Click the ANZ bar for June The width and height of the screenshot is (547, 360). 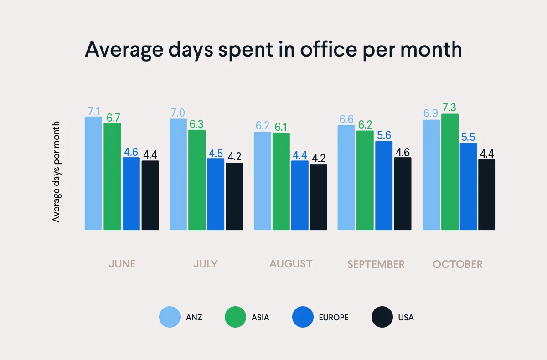[x=93, y=173]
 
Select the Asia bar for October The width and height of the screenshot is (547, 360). [x=450, y=172]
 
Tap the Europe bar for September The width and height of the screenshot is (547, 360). [x=384, y=185]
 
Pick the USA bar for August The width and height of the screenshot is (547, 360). [x=319, y=197]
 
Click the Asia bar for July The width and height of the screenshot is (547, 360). [x=197, y=180]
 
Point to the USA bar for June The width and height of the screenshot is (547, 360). [x=150, y=195]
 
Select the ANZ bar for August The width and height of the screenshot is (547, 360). [x=263, y=181]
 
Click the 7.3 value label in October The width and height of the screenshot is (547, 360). [x=449, y=108]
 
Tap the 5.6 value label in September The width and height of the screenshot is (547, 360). [x=384, y=135]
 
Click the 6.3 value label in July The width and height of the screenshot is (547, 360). [x=197, y=124]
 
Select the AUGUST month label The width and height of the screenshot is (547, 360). [x=291, y=264]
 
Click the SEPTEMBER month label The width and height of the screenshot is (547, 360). [x=376, y=264]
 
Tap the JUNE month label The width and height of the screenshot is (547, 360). [x=122, y=264]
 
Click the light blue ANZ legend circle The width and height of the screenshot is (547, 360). [x=170, y=317]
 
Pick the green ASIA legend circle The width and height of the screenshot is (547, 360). [x=236, y=317]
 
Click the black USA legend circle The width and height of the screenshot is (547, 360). [x=382, y=317]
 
